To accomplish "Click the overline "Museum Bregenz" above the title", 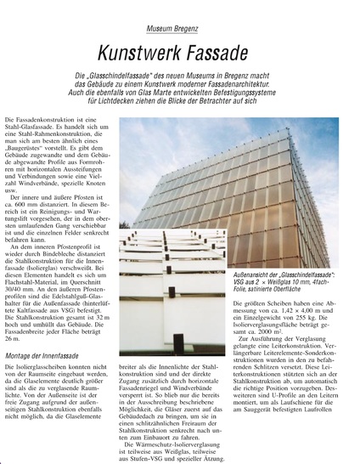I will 181,29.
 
